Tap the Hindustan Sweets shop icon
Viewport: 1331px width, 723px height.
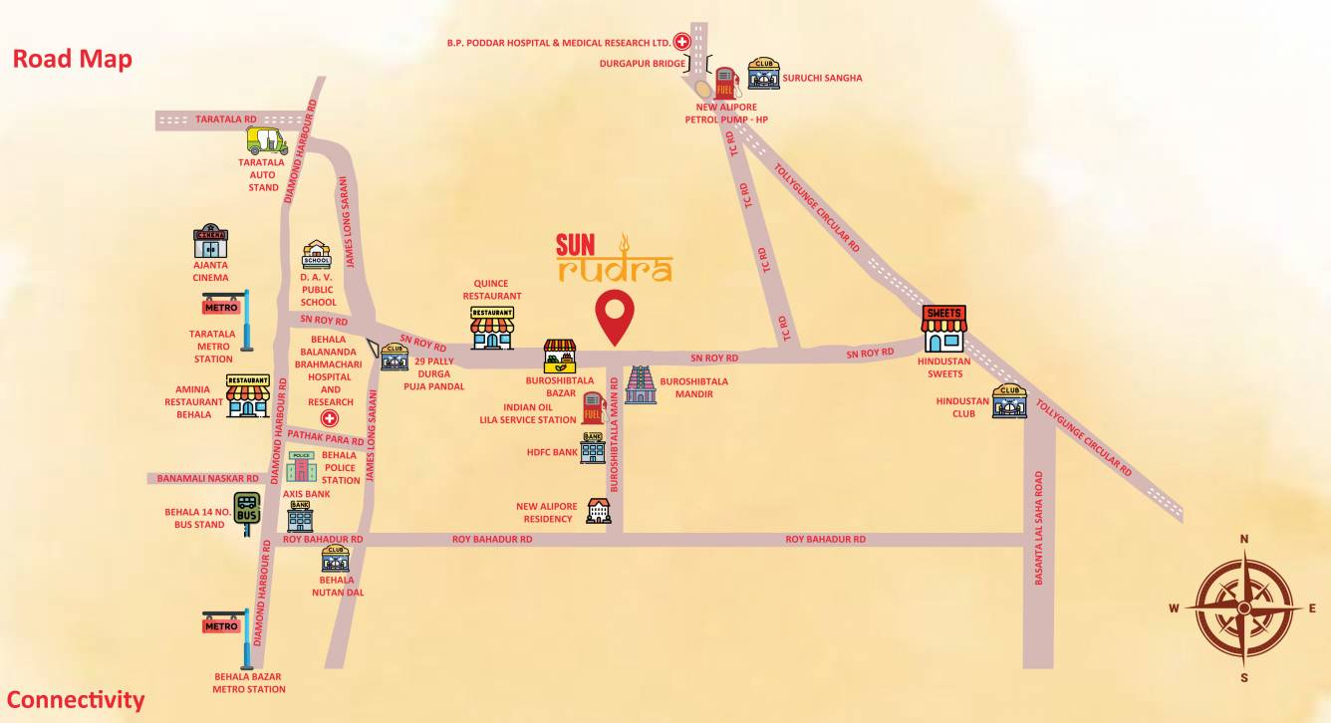pyautogui.click(x=943, y=329)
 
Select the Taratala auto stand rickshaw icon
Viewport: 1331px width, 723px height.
pyautogui.click(x=267, y=140)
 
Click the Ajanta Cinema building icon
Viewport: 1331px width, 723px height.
pyautogui.click(x=211, y=242)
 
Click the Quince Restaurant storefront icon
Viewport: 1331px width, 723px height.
pyautogui.click(x=492, y=328)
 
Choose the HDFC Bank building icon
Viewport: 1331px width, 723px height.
pyautogui.click(x=593, y=448)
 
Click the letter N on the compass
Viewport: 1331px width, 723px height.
pyautogui.click(x=1243, y=539)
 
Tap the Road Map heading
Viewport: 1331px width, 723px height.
pyautogui.click(x=72, y=59)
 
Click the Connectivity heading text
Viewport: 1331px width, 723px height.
pyautogui.click(x=76, y=700)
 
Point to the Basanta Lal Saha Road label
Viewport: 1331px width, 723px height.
pyautogui.click(x=1039, y=528)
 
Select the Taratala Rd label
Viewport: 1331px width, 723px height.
pyautogui.click(x=226, y=119)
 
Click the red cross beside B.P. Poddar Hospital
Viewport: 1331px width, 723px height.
pyautogui.click(x=682, y=42)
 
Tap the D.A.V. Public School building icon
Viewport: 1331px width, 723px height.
pyautogui.click(x=316, y=255)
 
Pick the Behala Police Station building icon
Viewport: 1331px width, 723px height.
pyautogui.click(x=301, y=466)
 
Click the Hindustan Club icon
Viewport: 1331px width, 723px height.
pyautogui.click(x=1009, y=401)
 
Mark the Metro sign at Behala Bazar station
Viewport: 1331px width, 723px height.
pyautogui.click(x=221, y=626)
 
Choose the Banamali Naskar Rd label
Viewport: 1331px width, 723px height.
pyautogui.click(x=207, y=479)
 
